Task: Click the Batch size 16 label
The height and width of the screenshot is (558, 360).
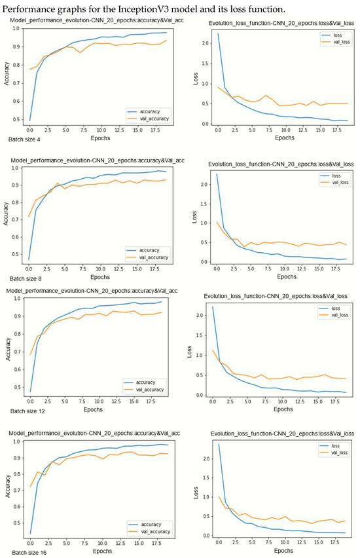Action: click(x=26, y=553)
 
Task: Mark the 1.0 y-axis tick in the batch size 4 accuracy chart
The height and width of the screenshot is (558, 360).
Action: click(x=16, y=28)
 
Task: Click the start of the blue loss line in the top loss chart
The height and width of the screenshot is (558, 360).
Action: click(x=219, y=34)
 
